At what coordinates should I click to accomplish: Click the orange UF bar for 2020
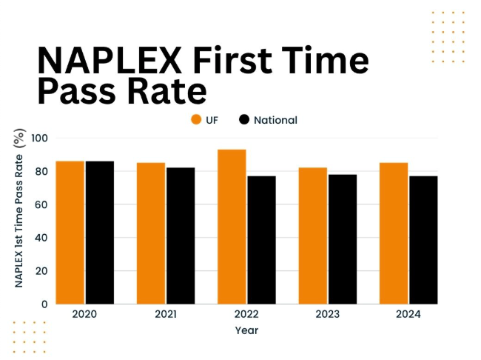click(x=70, y=232)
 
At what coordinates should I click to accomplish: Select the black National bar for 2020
click(x=99, y=232)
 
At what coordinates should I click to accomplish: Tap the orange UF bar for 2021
click(x=151, y=233)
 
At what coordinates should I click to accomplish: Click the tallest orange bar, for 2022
click(x=232, y=226)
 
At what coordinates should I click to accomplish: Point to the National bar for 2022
click(x=261, y=239)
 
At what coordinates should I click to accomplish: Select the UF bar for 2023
click(x=313, y=236)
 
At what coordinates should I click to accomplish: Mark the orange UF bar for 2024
click(x=394, y=233)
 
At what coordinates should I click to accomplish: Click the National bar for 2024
click(x=423, y=239)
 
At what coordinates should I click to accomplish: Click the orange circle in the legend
click(x=196, y=120)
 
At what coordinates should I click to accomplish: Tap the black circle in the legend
click(x=244, y=120)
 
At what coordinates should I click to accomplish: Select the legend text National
click(x=275, y=120)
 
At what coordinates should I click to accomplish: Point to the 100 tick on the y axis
click(x=40, y=138)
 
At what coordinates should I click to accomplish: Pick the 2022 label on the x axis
click(x=246, y=314)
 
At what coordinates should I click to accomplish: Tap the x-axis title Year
click(x=246, y=330)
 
